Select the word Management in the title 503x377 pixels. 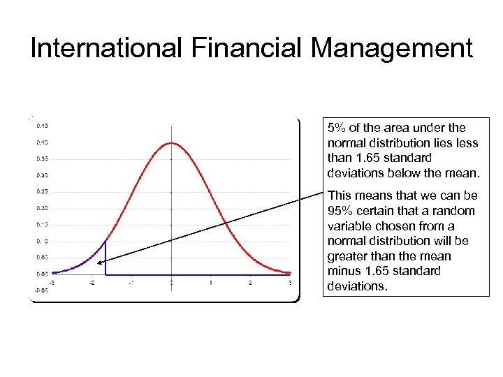pyautogui.click(x=392, y=49)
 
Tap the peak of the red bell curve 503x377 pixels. pyautogui.click(x=171, y=143)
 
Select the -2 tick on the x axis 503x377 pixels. pyautogui.click(x=92, y=283)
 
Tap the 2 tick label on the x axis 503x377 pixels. pyautogui.click(x=250, y=283)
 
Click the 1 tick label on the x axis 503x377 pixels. pyautogui.click(x=210, y=283)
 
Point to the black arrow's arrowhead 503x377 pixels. pyautogui.click(x=102, y=263)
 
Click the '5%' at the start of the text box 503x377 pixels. pyautogui.click(x=337, y=128)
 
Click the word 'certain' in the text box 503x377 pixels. pyautogui.click(x=375, y=211)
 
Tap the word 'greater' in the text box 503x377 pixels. pyautogui.click(x=347, y=256)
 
